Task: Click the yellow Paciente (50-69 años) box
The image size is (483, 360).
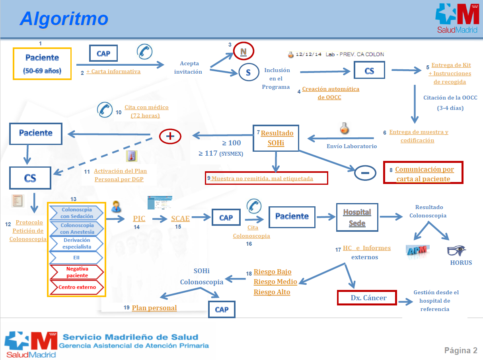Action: [x=42, y=64]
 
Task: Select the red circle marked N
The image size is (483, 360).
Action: [x=243, y=51]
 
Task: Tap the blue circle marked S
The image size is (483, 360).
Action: [x=248, y=73]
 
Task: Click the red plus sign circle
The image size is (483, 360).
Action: [x=170, y=136]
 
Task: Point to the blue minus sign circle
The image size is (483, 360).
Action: [x=365, y=172]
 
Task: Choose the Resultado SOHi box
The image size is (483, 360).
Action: [x=276, y=138]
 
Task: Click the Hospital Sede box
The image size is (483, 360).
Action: [x=357, y=217]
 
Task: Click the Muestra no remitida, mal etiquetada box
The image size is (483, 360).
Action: [x=267, y=178]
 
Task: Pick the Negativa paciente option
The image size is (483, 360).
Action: [x=77, y=272]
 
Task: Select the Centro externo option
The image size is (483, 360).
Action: [x=77, y=287]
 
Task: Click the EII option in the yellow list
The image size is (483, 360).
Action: [x=77, y=257]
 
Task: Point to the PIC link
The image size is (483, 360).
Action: [x=139, y=218]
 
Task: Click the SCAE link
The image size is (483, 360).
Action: [x=180, y=218]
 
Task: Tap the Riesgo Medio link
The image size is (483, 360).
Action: [x=275, y=282]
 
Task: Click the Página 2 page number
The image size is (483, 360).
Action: [x=461, y=350]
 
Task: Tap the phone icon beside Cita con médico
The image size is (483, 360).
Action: [x=105, y=110]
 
